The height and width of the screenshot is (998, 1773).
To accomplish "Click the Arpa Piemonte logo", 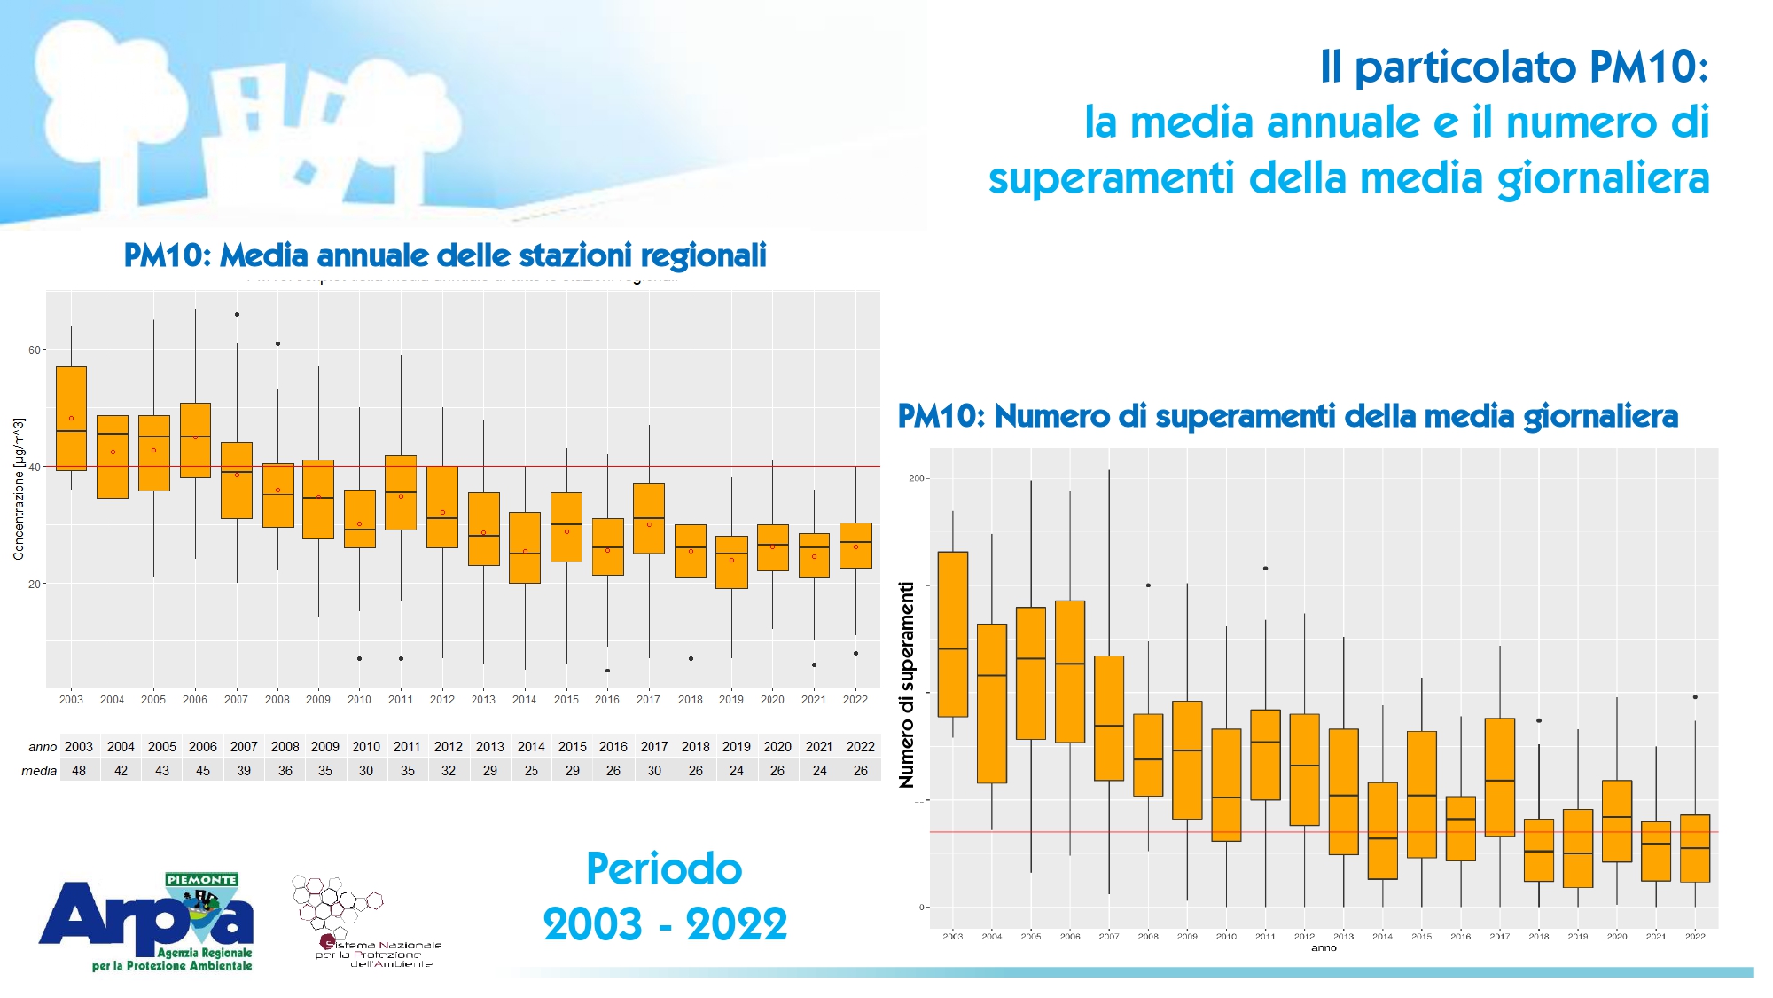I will [147, 923].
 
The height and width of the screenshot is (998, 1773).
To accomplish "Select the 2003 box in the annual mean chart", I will [71, 418].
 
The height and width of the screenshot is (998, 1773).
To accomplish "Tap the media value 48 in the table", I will [79, 771].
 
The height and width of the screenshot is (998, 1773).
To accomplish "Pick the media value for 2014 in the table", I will [531, 771].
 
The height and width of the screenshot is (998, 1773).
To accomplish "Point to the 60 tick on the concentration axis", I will [35, 350].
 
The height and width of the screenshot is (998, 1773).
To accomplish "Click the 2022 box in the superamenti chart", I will [1695, 848].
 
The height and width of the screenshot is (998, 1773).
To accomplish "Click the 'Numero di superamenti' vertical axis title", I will [906, 685].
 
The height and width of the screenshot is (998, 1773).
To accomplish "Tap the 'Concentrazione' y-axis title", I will [19, 489].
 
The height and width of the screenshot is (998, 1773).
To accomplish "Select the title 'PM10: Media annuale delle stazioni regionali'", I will [445, 255].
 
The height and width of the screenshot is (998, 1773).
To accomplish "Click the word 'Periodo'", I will [664, 868].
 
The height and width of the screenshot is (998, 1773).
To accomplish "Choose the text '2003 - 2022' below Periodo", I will [665, 924].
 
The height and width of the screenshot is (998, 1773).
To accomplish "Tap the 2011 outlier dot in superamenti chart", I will [1265, 569].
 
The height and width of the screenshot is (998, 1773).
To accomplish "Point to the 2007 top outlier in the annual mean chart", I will [237, 314].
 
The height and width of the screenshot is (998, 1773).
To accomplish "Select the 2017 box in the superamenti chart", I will [1500, 777].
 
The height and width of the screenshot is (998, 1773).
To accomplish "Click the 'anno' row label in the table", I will [42, 747].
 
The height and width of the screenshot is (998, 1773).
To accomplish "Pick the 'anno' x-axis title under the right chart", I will [1324, 948].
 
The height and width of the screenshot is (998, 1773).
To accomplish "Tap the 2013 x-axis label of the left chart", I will [483, 700].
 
